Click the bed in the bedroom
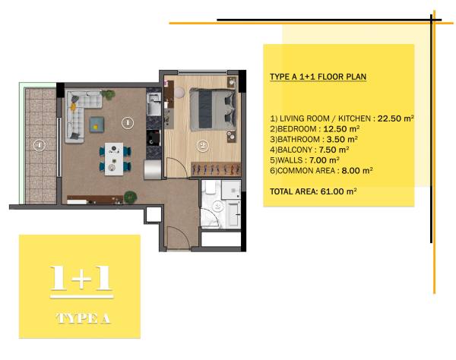click(213, 109)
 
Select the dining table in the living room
click(114, 159)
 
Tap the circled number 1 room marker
click(128, 123)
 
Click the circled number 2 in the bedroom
click(202, 146)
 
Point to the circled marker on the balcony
click(40, 145)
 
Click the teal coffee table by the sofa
click(97, 125)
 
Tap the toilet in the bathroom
click(210, 188)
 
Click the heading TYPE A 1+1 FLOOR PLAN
click(318, 77)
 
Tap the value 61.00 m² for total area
click(338, 191)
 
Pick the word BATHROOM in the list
click(299, 139)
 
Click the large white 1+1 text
click(81, 278)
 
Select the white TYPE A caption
click(83, 318)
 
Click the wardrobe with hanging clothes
click(216, 169)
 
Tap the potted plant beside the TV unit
click(130, 197)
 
